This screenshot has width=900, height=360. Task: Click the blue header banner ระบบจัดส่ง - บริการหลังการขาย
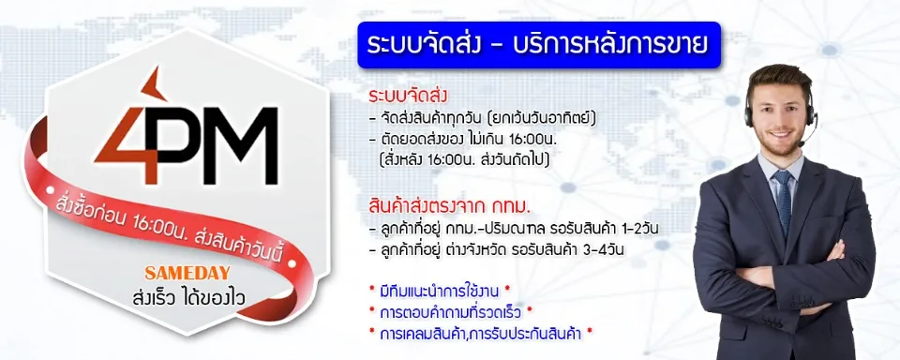point(539,45)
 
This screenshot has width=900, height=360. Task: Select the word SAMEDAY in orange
point(187,272)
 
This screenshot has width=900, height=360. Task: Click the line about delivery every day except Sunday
point(484,119)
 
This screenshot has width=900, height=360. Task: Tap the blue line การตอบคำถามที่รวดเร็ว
point(452,312)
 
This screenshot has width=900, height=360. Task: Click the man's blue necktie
point(783,201)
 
